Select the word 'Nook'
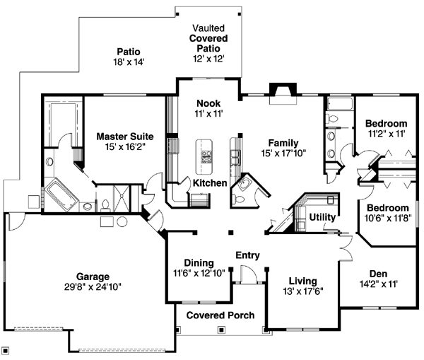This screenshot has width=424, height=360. (x=208, y=103)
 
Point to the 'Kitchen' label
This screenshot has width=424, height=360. (x=210, y=183)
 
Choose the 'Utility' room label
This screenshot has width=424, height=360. (x=322, y=217)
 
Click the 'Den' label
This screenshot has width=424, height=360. (x=378, y=274)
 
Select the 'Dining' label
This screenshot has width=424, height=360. (x=199, y=262)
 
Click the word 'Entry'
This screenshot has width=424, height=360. (x=247, y=255)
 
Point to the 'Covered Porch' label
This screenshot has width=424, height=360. (x=220, y=315)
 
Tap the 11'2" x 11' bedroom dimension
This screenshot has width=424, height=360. (x=385, y=134)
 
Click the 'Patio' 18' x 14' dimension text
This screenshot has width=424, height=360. (x=128, y=62)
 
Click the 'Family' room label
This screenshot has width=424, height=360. (x=283, y=142)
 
